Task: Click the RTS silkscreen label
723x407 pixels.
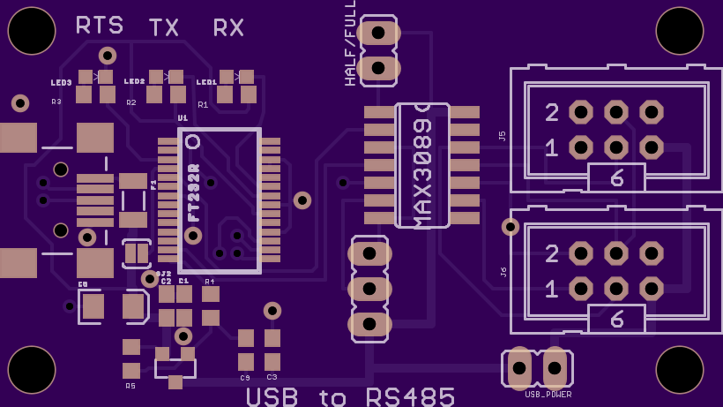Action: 99,26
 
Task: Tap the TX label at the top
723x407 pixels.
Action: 164,28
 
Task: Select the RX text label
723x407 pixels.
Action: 228,28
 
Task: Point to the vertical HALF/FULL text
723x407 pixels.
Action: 350,43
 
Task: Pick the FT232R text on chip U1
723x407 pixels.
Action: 195,192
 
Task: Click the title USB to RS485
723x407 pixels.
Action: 351,396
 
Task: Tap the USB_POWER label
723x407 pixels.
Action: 548,395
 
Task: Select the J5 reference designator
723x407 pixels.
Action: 503,136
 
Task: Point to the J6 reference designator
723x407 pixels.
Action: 503,272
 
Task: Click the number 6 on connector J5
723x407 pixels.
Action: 617,178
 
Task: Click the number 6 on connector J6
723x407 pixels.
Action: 617,319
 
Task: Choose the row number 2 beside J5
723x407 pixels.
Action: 552,113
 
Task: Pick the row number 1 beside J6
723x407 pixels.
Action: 552,290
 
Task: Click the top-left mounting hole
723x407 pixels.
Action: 32,31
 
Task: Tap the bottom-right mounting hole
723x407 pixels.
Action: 679,369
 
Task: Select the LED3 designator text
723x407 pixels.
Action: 61,83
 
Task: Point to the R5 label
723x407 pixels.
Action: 130,386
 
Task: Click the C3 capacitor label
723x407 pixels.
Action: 272,377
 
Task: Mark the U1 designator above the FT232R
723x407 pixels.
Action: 183,117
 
